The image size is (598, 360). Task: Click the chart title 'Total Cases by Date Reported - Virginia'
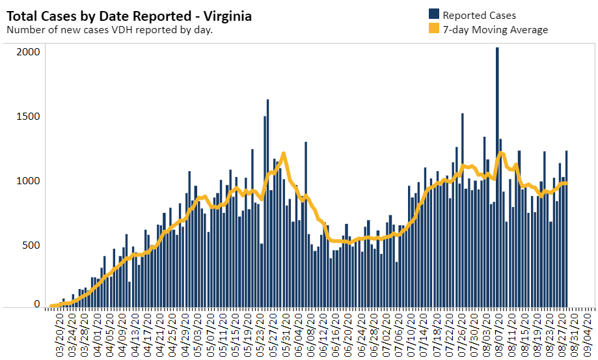129,16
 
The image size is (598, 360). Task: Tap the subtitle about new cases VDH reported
109,29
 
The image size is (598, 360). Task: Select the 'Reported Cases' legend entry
476,14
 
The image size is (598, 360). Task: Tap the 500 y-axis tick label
31,245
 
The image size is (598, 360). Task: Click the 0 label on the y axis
37,304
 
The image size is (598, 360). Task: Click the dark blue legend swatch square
434,14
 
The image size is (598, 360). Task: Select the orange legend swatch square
434,29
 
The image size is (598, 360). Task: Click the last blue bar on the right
567,228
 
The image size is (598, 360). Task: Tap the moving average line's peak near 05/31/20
284,154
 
